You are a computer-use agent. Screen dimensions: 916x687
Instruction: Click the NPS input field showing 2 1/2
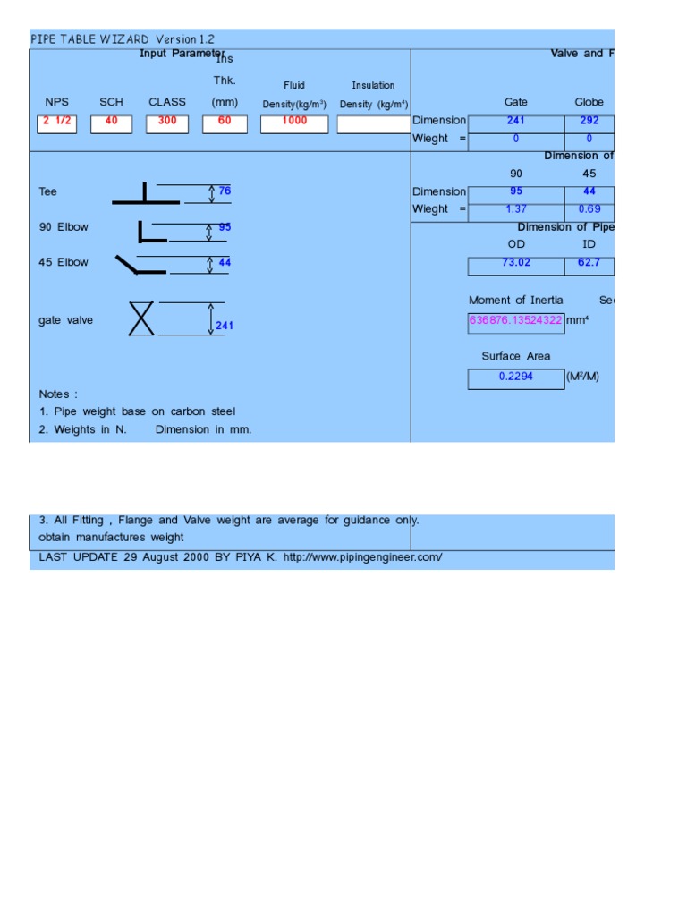[x=57, y=123]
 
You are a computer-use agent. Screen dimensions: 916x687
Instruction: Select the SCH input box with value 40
[x=112, y=123]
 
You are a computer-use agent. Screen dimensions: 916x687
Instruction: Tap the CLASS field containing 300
[x=167, y=123]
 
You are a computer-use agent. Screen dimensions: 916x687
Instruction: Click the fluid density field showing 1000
[x=294, y=123]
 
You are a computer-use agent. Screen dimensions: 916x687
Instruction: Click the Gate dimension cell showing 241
[x=516, y=121]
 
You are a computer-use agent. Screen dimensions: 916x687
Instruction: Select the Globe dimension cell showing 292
[x=589, y=121]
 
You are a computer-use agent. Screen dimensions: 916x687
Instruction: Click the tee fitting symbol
[x=146, y=195]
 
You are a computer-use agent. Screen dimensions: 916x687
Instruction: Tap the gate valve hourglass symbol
[x=141, y=318]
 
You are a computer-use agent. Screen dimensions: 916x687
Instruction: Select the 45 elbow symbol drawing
[x=140, y=265]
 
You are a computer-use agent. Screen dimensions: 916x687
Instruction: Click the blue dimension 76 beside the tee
[x=225, y=191]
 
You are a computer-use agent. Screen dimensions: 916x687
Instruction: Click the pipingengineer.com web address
[x=362, y=557]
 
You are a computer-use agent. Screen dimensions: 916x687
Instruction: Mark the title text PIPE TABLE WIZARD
[x=90, y=39]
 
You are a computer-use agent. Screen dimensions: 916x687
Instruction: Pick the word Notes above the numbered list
[x=58, y=394]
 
